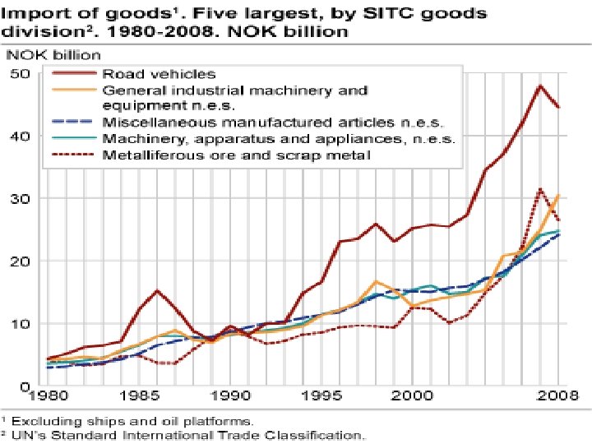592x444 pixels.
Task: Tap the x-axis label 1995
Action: [321, 395]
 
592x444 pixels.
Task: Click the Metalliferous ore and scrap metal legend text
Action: [236, 154]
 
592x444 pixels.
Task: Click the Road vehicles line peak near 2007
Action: [540, 86]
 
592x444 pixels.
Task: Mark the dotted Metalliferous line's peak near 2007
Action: [540, 189]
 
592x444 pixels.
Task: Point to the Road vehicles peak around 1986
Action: [157, 290]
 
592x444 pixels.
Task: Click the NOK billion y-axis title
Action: [54, 56]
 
